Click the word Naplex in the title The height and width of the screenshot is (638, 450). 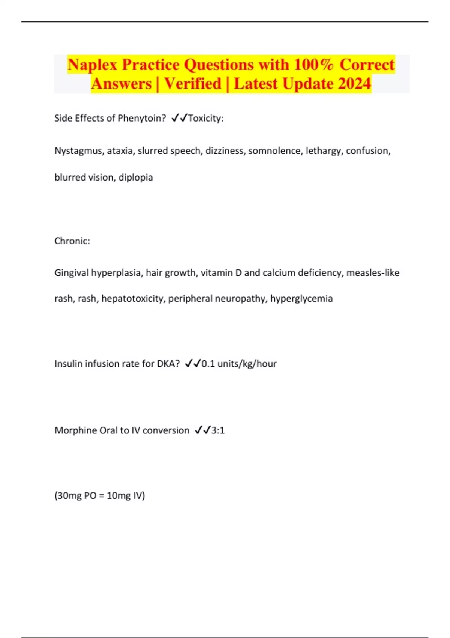point(92,65)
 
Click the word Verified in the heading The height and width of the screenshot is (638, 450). point(193,83)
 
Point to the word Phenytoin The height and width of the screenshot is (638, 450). point(142,118)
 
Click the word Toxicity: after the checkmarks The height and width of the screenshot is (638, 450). point(206,118)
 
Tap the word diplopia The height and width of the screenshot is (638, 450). point(136,177)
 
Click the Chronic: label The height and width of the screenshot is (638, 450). point(72,241)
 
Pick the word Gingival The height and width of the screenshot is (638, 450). point(71,273)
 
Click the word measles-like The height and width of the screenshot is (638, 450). point(373,273)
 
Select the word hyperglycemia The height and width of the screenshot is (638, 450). point(301,299)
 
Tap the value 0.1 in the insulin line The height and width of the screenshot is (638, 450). point(208,364)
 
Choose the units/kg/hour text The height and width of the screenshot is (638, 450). point(247,364)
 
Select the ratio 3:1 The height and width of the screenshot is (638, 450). point(218,430)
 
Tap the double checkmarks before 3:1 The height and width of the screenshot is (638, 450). point(203,430)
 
